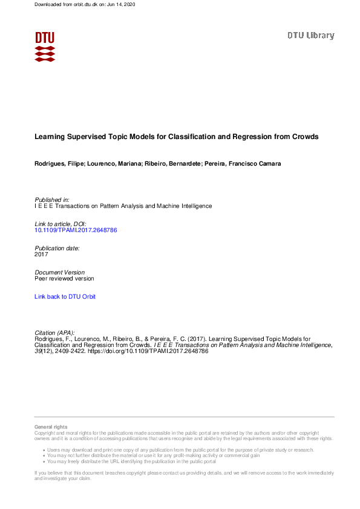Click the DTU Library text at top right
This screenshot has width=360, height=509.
pos(310,36)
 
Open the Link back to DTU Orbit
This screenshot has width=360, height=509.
pos(65,297)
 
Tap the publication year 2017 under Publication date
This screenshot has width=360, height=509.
pos(41,254)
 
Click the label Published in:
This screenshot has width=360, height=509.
pos(52,199)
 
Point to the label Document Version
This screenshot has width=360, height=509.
pos(60,273)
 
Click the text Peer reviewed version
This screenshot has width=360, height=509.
pos(64,279)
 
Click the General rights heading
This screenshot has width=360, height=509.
pos(51,427)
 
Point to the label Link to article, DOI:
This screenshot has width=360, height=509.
pos(61,224)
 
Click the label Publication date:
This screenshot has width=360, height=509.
pos(57,248)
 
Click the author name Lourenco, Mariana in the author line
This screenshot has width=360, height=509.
pos(116,164)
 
